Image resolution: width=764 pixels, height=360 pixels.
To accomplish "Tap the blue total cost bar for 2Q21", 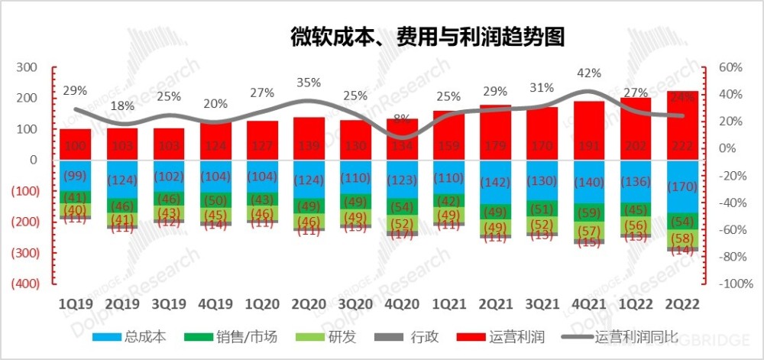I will [x=496, y=182].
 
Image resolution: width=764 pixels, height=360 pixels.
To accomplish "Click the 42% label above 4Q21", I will [x=589, y=73].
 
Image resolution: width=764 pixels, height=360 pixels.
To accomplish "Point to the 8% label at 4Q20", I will [x=402, y=118].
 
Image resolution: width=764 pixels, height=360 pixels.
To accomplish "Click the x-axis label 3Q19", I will [x=168, y=303].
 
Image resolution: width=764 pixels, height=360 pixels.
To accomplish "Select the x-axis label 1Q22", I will [x=635, y=303].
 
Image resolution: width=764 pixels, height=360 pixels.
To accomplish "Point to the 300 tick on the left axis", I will [x=27, y=67].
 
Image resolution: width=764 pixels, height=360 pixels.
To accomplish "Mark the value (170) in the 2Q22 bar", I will [x=681, y=186].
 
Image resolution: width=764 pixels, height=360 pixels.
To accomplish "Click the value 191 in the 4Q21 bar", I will [x=589, y=147].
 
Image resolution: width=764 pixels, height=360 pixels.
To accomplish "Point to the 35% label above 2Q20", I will [x=309, y=83].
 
